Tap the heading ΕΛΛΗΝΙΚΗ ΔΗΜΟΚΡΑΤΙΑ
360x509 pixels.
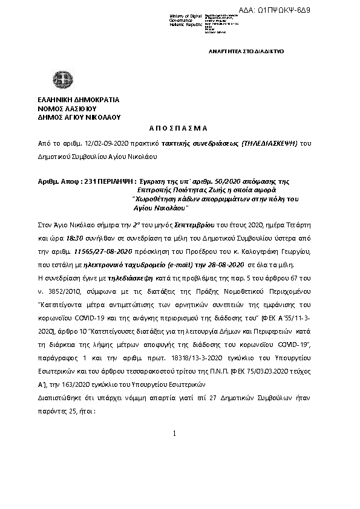(79, 100)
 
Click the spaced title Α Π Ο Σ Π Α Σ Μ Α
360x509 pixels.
(178, 129)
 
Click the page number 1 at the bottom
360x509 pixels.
(174, 434)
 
